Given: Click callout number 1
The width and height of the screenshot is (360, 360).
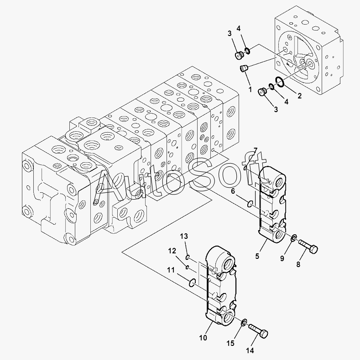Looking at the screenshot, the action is click(250, 89).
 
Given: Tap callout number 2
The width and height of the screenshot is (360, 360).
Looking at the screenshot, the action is click(299, 96).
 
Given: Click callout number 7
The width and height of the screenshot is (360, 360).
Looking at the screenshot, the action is click(256, 151).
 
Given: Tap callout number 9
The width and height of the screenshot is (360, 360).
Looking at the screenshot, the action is click(282, 258).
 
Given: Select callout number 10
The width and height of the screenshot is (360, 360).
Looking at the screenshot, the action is click(203, 338).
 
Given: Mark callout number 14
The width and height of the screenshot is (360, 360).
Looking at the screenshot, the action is click(250, 351).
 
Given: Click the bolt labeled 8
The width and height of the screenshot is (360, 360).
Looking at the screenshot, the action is click(309, 247).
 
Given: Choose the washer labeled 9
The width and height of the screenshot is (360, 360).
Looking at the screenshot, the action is click(294, 237).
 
